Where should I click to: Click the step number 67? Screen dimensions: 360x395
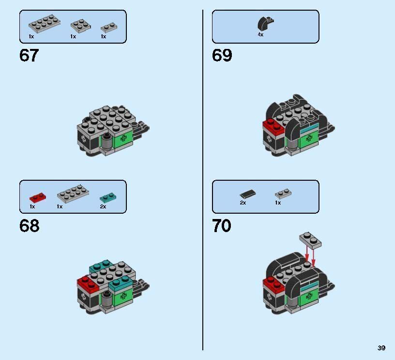pos(29,56)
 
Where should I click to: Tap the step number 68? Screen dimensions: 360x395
pos(30,226)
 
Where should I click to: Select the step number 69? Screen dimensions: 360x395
pos(222,56)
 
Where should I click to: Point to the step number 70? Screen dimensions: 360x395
pos(222,226)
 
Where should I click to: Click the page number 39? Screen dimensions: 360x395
pos(381,348)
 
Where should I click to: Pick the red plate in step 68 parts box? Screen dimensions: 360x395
pos(37,197)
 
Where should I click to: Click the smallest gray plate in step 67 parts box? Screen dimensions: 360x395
pos(107,27)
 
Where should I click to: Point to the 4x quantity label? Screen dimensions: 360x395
pos(260,35)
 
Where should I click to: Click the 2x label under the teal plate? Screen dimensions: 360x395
pos(103,206)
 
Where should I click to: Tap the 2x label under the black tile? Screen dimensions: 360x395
pos(243,203)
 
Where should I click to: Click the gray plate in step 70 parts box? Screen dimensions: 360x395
pos(283,194)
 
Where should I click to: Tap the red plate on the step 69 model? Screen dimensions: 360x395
pos(273,125)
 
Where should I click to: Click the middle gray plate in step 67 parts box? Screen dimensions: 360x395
pos(79,25)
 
